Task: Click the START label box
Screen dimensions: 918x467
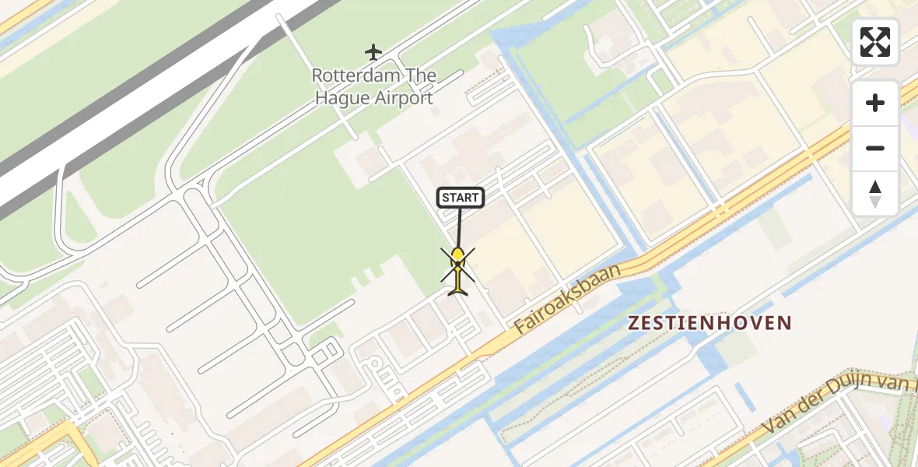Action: pyautogui.click(x=460, y=198)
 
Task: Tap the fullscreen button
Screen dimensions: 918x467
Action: pyautogui.click(x=875, y=42)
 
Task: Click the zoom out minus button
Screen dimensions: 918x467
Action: pyautogui.click(x=875, y=148)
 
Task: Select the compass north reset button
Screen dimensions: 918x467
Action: pyautogui.click(x=875, y=194)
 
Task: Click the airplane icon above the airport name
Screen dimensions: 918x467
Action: pyautogui.click(x=373, y=52)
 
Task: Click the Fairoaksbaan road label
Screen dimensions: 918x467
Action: pyautogui.click(x=569, y=297)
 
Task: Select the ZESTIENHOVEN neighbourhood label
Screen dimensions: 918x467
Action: pyautogui.click(x=710, y=323)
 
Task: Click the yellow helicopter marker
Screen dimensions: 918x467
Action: pyautogui.click(x=457, y=269)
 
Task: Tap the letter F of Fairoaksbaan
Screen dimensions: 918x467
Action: pyautogui.click(x=520, y=328)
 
